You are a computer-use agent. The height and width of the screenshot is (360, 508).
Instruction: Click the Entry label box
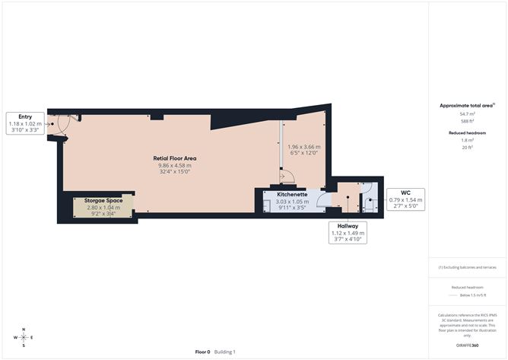coord(26,124)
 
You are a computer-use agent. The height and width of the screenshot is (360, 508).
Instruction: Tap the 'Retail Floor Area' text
coord(174,158)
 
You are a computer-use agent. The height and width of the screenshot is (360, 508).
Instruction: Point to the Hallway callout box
coord(349,233)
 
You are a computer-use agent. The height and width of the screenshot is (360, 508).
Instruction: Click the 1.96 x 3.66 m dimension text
coord(303,147)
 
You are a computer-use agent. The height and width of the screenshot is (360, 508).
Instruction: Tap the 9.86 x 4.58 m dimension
coord(174,165)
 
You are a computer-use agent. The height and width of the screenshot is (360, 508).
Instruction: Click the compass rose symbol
coord(24,336)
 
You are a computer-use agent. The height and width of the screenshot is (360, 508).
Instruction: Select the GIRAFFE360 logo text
coord(467,345)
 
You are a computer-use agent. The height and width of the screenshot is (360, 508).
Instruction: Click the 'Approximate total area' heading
coord(466,105)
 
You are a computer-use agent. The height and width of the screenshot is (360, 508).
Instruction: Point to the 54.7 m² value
coord(466,113)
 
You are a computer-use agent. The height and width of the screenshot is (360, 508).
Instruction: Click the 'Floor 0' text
coord(202,352)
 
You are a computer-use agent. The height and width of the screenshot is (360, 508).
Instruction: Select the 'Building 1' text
coord(224,352)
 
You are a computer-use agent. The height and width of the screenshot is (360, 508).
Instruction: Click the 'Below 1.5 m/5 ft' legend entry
coord(466,295)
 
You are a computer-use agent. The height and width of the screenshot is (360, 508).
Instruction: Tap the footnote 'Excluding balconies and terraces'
coord(466,267)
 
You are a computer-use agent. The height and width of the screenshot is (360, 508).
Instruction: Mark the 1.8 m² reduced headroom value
coord(466,140)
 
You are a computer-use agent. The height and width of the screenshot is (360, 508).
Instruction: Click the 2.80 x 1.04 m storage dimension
coord(104,207)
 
